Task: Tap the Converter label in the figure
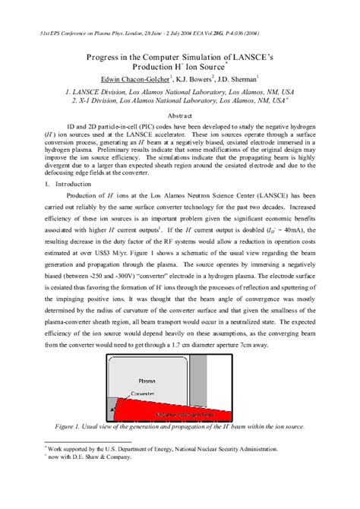coord(149,394)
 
